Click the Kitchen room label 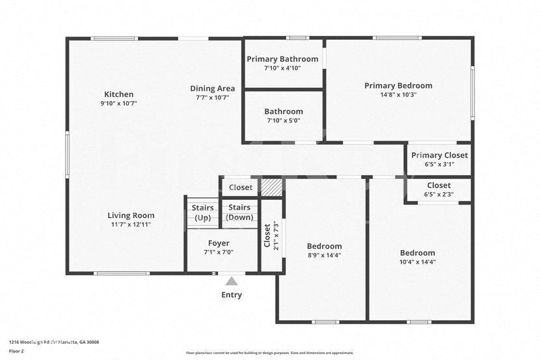click(x=118, y=94)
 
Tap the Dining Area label click(x=212, y=89)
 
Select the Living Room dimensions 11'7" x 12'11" click(x=131, y=225)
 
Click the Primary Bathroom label click(x=282, y=59)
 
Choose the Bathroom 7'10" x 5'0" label click(x=283, y=111)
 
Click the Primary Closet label click(x=439, y=155)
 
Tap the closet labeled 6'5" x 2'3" click(x=439, y=193)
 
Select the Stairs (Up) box click(x=202, y=213)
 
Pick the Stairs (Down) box click(x=239, y=213)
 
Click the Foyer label click(x=218, y=247)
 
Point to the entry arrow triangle click(x=231, y=281)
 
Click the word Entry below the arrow click(x=231, y=295)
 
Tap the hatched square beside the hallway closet click(x=271, y=187)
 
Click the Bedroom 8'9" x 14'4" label click(x=324, y=250)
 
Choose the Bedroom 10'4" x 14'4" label click(x=417, y=257)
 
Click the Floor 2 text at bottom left click(x=16, y=351)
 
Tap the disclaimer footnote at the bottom click(x=269, y=353)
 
